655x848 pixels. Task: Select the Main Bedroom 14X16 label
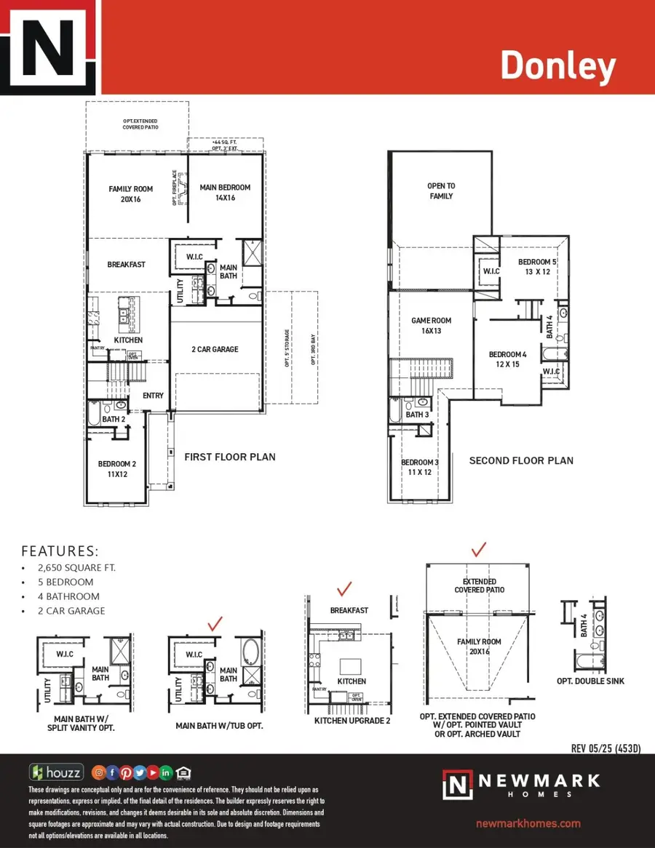tap(225, 192)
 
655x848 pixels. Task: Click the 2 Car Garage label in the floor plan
tap(215, 349)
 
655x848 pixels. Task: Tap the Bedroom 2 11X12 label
tap(114, 468)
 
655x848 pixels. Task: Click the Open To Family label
tap(440, 191)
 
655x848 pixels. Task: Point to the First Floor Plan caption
tap(229, 457)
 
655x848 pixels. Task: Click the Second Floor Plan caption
tap(521, 460)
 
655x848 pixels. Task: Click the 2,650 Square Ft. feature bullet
tap(76, 567)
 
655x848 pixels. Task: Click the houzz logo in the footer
tap(56, 772)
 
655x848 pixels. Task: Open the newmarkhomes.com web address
tap(528, 823)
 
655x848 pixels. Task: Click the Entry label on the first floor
tap(153, 396)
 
